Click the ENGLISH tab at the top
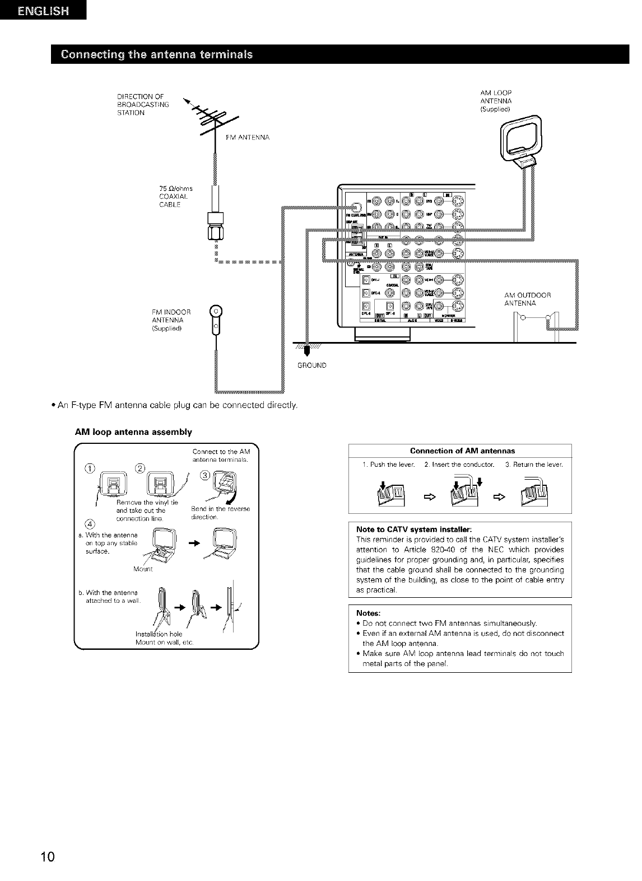[43, 12]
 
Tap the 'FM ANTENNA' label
[248, 137]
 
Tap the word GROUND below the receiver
[312, 365]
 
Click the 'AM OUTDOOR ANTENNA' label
[528, 299]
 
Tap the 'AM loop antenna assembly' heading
[133, 432]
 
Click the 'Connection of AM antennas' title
[462, 451]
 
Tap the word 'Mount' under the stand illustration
[143, 569]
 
